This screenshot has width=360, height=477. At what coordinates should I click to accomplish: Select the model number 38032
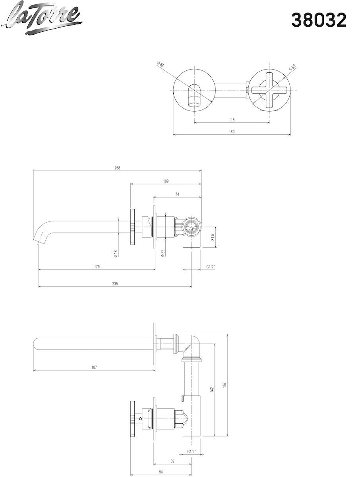tap(319, 20)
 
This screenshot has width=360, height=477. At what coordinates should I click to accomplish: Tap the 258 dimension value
tap(117, 168)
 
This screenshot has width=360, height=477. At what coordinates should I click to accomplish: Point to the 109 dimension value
tap(166, 181)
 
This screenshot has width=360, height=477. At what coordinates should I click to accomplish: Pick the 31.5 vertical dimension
tap(213, 238)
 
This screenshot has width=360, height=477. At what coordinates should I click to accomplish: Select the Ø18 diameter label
tap(115, 254)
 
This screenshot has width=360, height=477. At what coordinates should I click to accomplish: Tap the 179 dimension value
tap(97, 267)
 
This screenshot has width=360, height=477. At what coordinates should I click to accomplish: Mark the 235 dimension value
tap(115, 284)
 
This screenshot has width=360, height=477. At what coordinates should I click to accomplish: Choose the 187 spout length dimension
tap(94, 368)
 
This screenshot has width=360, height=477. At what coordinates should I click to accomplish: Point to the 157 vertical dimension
tap(225, 385)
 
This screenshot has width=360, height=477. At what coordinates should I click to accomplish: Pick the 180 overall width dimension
tap(232, 132)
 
